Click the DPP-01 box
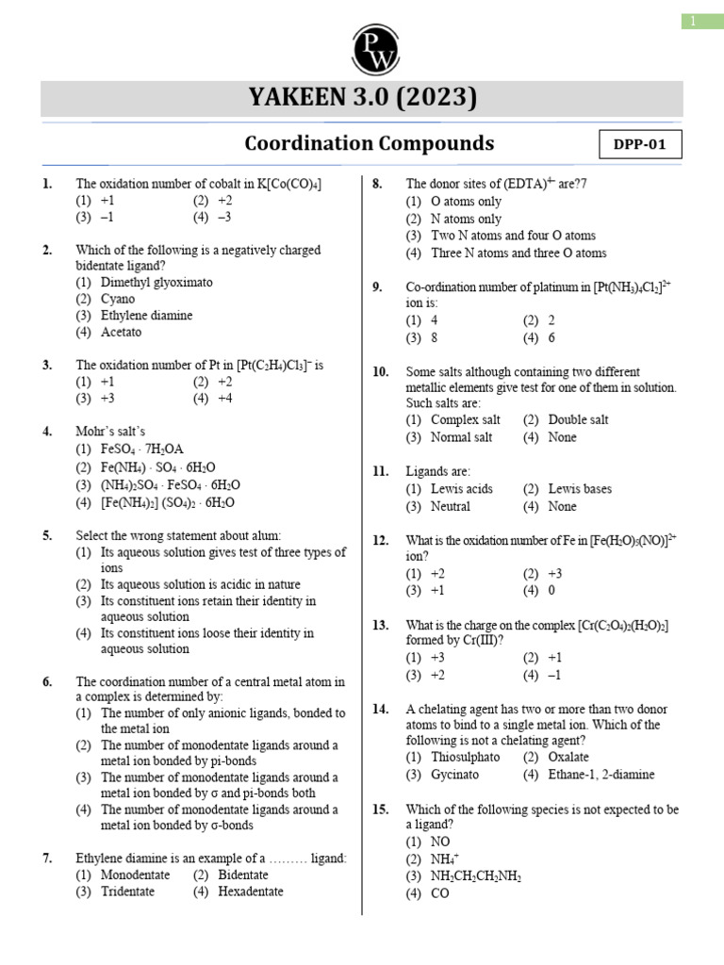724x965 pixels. (x=640, y=145)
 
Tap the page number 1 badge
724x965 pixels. (x=701, y=22)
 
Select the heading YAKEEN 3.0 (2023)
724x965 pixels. (x=362, y=98)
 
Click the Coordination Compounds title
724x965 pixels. (x=369, y=143)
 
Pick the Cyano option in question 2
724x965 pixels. (x=118, y=299)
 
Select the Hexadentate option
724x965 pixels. (x=250, y=891)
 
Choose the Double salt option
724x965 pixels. (x=578, y=419)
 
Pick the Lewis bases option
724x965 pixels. (x=579, y=489)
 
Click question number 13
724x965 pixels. (x=381, y=625)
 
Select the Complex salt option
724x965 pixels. (x=465, y=419)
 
